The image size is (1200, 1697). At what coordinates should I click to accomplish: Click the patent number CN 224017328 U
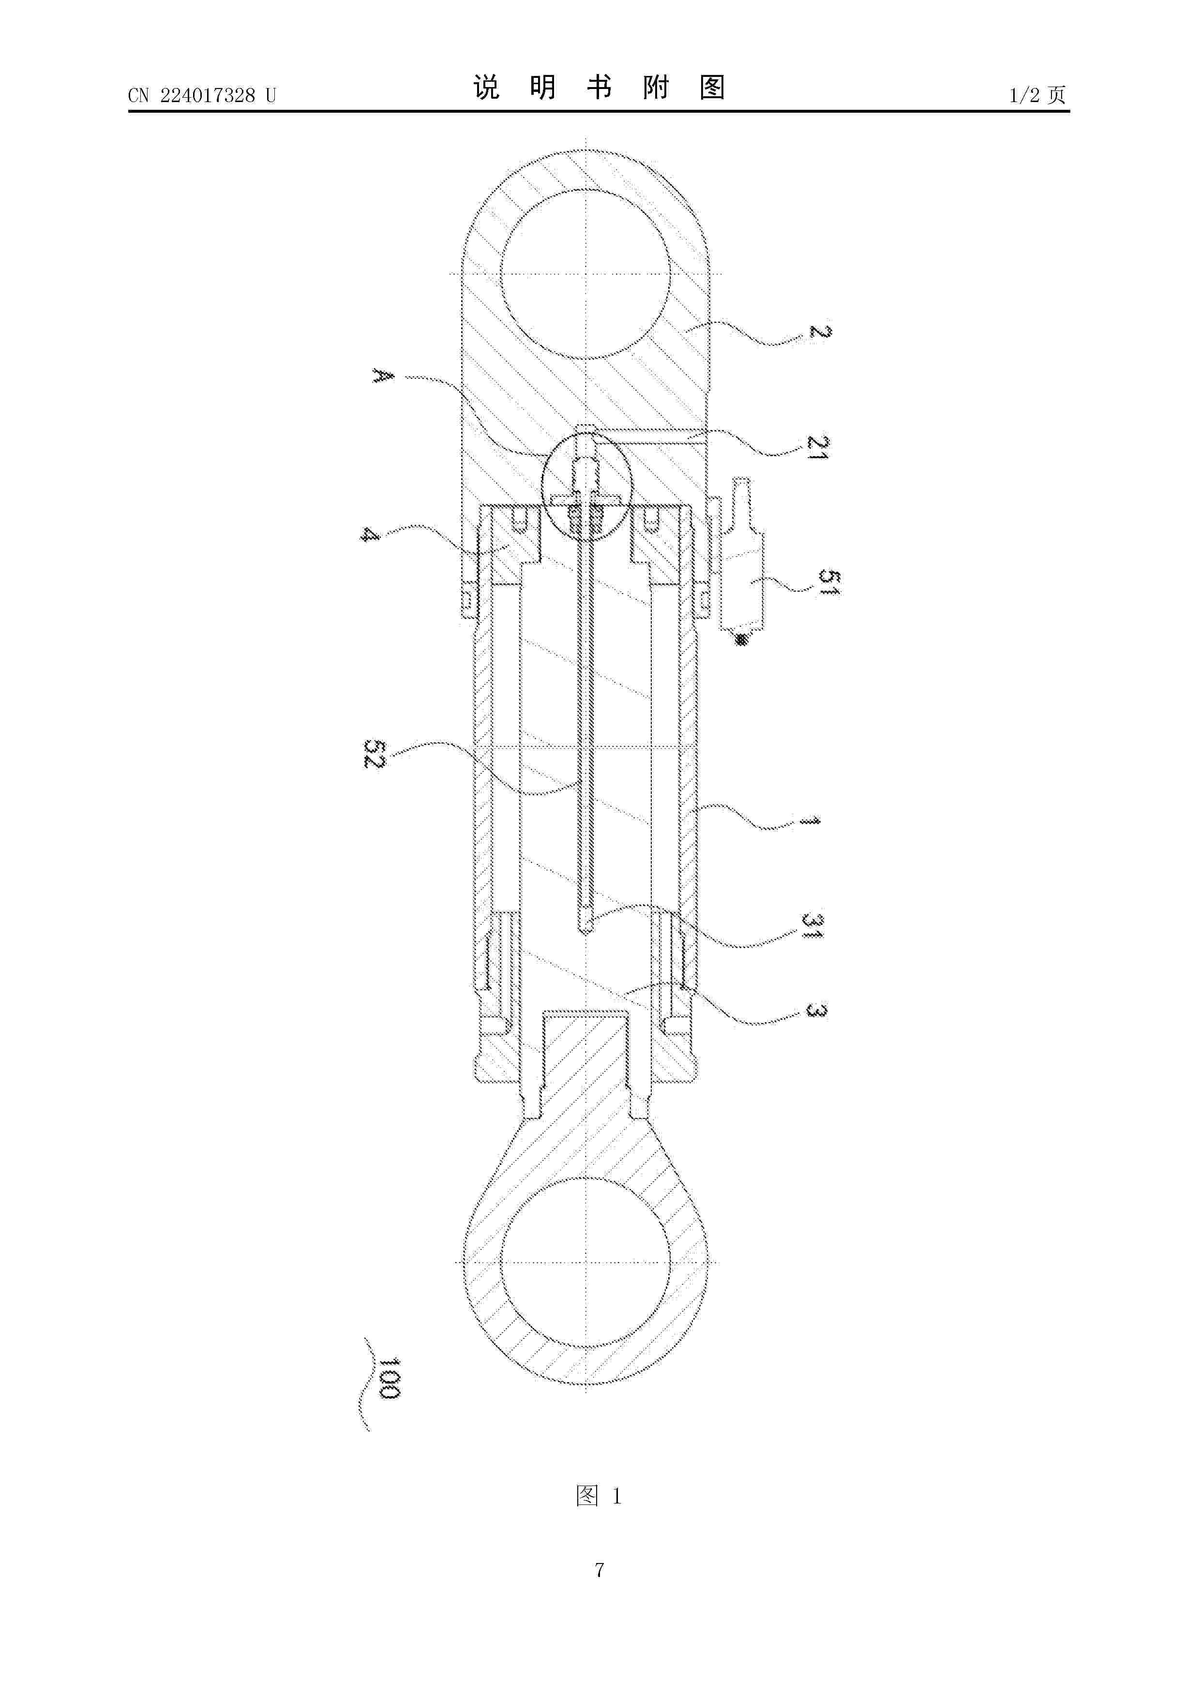point(202,95)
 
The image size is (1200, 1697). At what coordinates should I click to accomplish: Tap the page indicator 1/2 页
point(1037,95)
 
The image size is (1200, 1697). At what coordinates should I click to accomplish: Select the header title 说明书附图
point(599,88)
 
